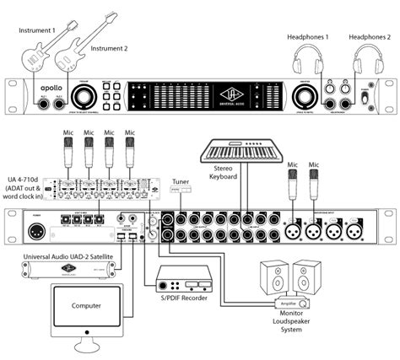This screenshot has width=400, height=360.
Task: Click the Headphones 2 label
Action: [x=370, y=38]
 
